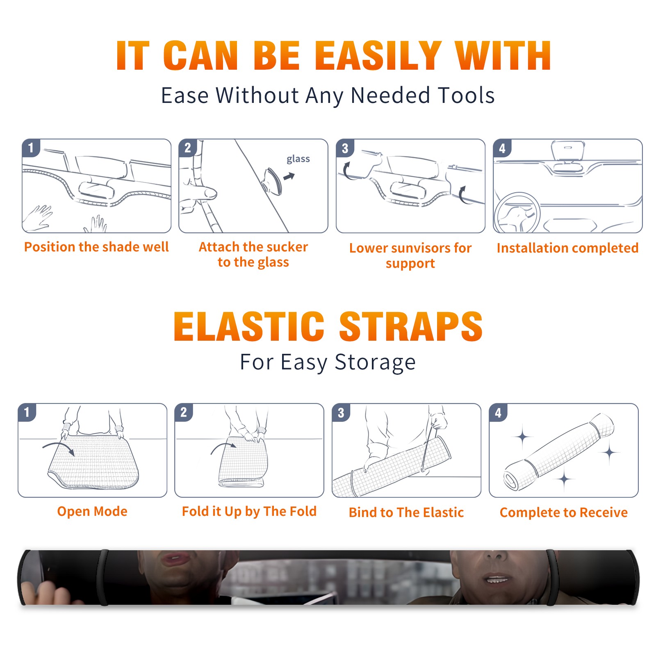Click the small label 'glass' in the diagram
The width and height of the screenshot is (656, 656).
point(298,159)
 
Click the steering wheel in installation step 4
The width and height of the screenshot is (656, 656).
point(517,213)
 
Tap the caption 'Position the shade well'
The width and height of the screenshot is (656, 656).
point(96,247)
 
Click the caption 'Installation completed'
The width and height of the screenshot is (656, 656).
point(567,248)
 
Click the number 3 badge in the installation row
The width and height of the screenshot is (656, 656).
point(345,148)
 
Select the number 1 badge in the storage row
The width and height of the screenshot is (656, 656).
point(27,412)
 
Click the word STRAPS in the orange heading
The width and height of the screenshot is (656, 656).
point(410,326)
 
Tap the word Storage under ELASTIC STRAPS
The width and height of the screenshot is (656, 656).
point(375,362)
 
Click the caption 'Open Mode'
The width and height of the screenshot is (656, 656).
point(92,511)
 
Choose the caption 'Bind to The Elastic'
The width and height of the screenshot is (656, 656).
point(406,512)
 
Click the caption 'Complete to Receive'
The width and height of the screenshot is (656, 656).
point(563,512)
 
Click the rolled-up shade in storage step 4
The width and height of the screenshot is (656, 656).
point(558,452)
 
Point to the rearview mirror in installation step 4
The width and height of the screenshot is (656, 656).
point(568,151)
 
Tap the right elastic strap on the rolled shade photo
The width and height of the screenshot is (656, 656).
point(552,577)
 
